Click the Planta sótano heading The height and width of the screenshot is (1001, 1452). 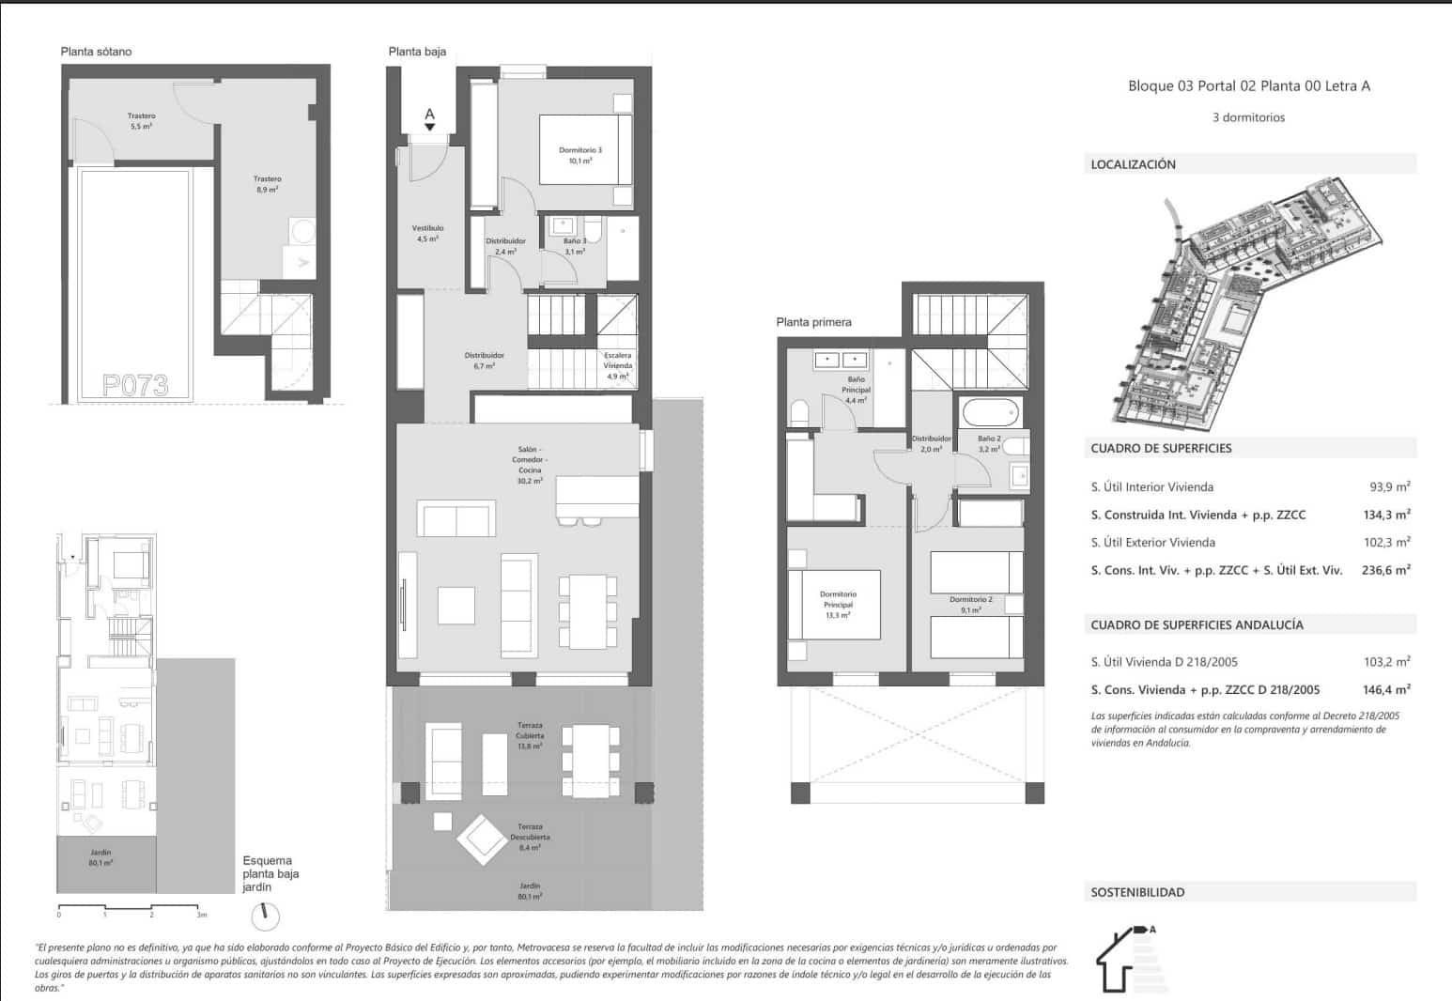(96, 52)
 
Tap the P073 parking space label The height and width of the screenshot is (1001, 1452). (135, 385)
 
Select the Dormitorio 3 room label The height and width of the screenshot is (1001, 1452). (579, 155)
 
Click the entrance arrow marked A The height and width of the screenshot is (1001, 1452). (429, 119)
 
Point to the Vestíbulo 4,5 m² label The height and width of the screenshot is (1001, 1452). (427, 233)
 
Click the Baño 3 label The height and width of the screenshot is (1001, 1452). (575, 246)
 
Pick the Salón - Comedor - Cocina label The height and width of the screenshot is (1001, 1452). (530, 465)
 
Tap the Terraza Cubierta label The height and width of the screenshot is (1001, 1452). (530, 735)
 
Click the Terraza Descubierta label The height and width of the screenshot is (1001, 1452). (530, 841)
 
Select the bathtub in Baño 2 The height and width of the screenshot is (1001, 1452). (989, 412)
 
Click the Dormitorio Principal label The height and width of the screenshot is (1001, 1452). (838, 605)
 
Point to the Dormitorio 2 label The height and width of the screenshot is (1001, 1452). (970, 604)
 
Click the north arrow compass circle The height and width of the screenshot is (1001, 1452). (266, 914)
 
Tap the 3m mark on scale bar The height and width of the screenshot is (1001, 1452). (201, 914)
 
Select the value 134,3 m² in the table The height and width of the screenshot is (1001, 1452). (1386, 515)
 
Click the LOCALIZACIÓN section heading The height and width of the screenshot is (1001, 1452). (1133, 164)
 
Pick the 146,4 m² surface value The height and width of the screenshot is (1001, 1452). (1386, 689)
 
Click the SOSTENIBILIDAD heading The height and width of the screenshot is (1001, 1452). (1137, 892)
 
